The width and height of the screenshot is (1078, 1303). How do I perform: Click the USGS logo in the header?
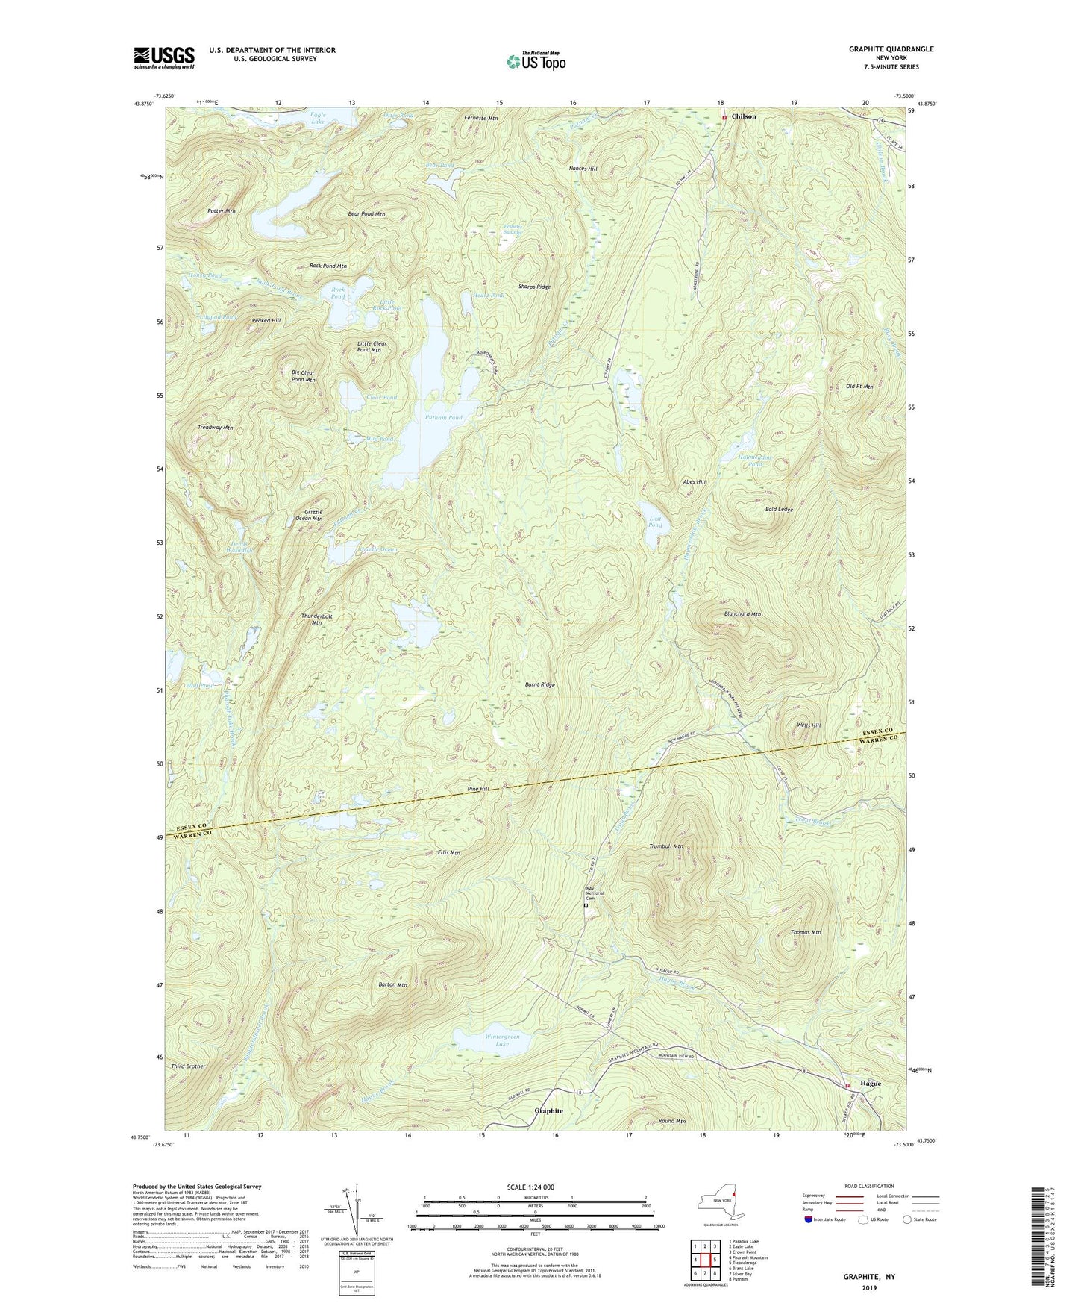(x=164, y=57)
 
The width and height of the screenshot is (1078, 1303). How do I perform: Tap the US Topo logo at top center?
(x=536, y=61)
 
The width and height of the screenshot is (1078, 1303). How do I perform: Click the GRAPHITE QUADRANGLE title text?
(x=890, y=49)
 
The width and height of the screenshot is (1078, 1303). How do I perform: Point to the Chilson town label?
(x=743, y=116)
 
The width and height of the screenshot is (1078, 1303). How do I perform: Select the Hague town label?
(x=870, y=1084)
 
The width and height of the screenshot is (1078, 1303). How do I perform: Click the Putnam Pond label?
(x=444, y=418)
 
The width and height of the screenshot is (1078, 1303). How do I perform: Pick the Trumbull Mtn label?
(x=666, y=846)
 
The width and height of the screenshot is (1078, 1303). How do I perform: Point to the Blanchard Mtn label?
(x=742, y=614)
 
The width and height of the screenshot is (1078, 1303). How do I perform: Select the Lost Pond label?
(x=654, y=522)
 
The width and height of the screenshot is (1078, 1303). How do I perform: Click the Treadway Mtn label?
(x=216, y=428)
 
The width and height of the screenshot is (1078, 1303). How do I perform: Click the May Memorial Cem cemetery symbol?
(x=586, y=905)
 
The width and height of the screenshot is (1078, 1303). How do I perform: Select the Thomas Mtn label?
(x=806, y=932)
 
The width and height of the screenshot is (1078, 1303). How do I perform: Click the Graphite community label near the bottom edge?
(x=548, y=1110)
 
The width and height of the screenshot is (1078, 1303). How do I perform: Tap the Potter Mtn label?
(x=222, y=211)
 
